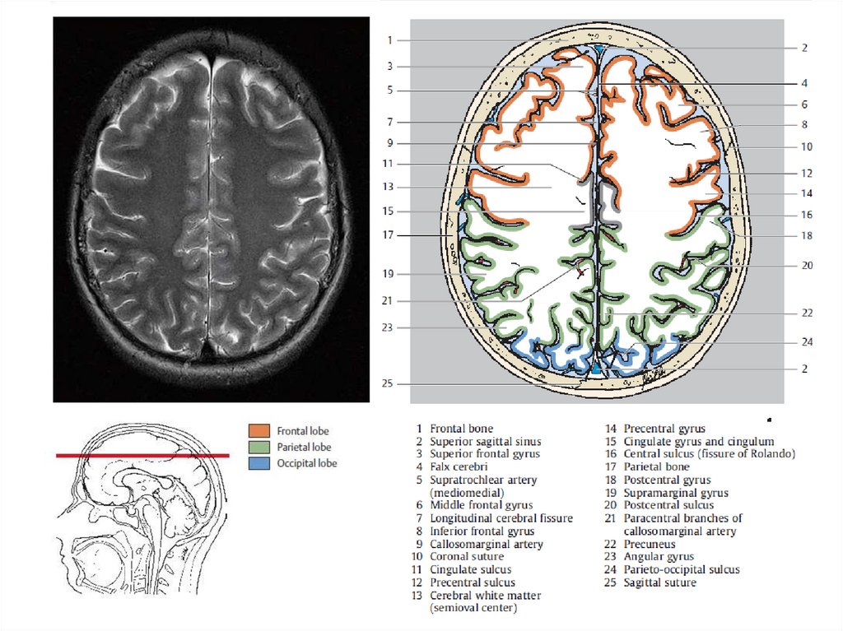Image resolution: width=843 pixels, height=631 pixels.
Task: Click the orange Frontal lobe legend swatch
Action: pyautogui.click(x=259, y=430)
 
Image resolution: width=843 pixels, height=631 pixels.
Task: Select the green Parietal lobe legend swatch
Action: pyautogui.click(x=259, y=447)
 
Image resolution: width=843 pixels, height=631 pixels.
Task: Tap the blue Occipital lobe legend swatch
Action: pyautogui.click(x=259, y=463)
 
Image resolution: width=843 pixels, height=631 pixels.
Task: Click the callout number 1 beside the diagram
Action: pyautogui.click(x=391, y=40)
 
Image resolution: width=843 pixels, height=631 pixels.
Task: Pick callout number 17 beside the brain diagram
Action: pyautogui.click(x=389, y=235)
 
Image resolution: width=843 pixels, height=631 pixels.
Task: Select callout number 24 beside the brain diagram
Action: pyautogui.click(x=807, y=341)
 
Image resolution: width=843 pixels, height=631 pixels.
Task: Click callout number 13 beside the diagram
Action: pyautogui.click(x=389, y=188)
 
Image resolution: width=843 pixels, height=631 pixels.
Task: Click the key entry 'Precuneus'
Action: pyautogui.click(x=650, y=544)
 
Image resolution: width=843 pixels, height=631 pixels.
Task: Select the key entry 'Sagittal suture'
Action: pyautogui.click(x=659, y=582)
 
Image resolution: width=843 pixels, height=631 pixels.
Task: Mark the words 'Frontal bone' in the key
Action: pyautogui.click(x=461, y=429)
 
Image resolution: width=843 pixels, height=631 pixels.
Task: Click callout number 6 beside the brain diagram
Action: pyautogui.click(x=803, y=105)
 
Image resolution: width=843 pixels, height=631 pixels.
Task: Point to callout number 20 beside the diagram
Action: pyautogui.click(x=807, y=266)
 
